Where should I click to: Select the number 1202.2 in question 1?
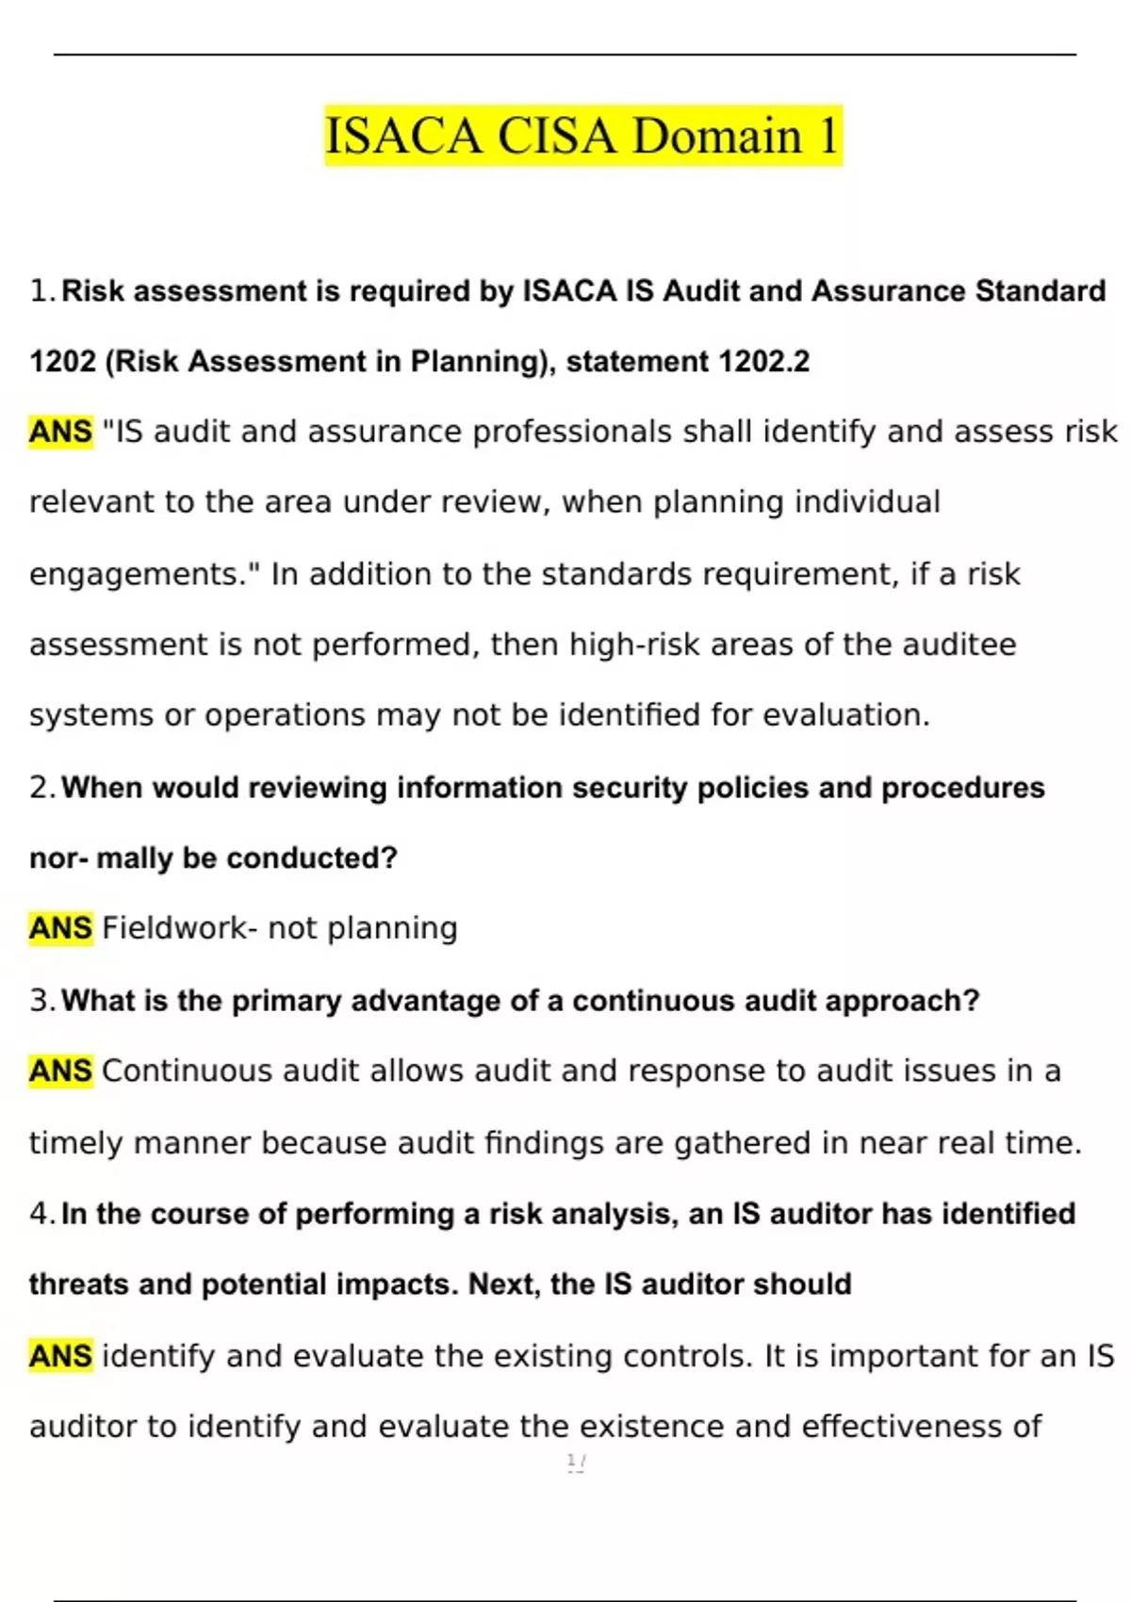click(763, 362)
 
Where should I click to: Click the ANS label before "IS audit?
click(60, 432)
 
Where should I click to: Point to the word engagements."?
click(144, 574)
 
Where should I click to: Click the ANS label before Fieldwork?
click(60, 928)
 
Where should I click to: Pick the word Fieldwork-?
click(179, 928)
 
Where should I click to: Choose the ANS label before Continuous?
click(60, 1071)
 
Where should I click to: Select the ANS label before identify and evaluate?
click(60, 1356)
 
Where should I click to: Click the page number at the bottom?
click(575, 1462)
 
